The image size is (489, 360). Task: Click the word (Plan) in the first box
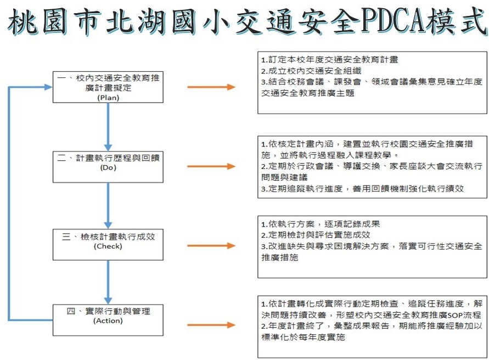[108, 98]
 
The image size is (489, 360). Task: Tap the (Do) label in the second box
[108, 167]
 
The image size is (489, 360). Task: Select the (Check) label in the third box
[108, 246]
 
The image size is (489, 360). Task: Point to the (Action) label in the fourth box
[108, 320]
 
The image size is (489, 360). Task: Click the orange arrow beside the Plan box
[211, 87]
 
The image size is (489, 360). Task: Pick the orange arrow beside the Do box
[211, 166]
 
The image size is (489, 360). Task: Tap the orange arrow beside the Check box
[211, 246]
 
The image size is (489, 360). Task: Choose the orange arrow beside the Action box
[211, 325]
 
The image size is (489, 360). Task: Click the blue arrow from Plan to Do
[108, 127]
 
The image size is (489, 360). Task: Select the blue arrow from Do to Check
[108, 206]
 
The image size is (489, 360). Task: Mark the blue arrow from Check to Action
[108, 282]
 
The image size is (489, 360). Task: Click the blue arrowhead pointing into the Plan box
[48, 87]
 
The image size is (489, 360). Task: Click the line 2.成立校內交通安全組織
[311, 71]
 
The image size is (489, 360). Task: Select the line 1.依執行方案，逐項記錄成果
[321, 224]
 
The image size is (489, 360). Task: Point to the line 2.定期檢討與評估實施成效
[316, 234]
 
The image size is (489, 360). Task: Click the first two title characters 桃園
[37, 21]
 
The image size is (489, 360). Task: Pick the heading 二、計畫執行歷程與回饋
[108, 158]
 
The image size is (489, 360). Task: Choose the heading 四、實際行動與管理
[108, 311]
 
